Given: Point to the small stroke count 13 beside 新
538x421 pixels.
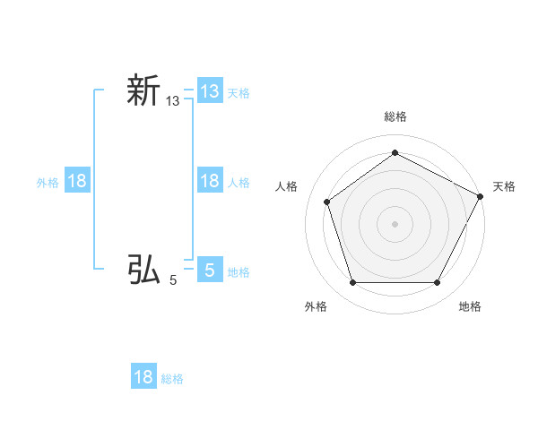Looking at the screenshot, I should tap(173, 103).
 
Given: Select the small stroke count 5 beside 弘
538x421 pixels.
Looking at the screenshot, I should tap(173, 280).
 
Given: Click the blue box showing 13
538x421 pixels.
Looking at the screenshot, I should tap(210, 90).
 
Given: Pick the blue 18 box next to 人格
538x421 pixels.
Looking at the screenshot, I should tap(210, 181).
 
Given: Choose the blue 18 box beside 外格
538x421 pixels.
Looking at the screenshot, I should tap(77, 181).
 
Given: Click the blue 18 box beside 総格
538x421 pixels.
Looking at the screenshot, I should tap(143, 377).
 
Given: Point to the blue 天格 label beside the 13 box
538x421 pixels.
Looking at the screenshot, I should tap(239, 92).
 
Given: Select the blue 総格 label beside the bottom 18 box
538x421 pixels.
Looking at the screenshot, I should tap(172, 379).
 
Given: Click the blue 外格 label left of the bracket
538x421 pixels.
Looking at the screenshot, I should tap(48, 183).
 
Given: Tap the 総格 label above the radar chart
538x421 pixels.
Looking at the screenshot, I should tap(395, 116).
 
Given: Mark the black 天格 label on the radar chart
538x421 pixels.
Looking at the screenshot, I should tap(504, 186).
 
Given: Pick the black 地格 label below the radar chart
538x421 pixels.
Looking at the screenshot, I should tap(470, 306).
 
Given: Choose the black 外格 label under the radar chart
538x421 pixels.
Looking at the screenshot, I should tap(315, 306).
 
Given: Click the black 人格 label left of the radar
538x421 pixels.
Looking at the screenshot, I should tap(286, 186).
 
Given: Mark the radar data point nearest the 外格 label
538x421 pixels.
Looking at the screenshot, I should tap(352, 283).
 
